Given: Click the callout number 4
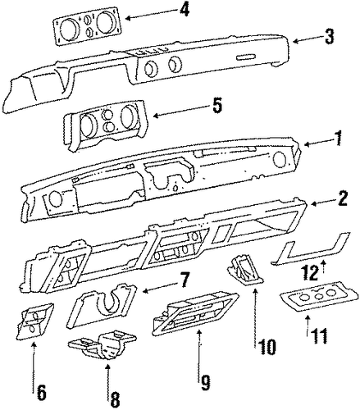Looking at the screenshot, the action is [x=184, y=11].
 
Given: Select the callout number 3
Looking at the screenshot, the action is [x=329, y=36].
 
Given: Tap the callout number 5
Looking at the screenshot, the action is [x=216, y=106].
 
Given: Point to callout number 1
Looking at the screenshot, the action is [x=338, y=138].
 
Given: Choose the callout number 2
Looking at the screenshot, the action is [x=342, y=198].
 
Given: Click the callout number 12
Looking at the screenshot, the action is [x=311, y=273].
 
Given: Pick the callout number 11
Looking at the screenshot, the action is [x=318, y=335].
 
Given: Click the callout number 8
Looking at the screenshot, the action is [x=115, y=399].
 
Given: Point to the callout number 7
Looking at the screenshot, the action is [x=184, y=280].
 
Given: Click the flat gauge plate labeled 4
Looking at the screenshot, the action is [x=87, y=25].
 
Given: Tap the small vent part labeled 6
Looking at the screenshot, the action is [x=34, y=321].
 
